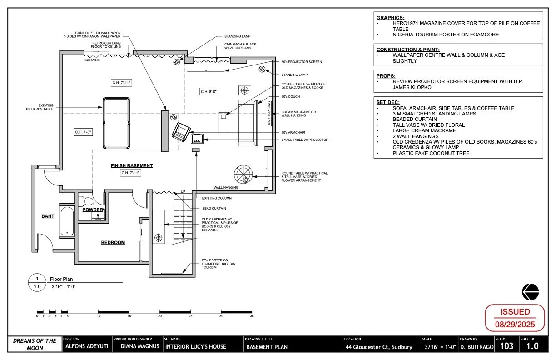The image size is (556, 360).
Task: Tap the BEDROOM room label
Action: point(113,242)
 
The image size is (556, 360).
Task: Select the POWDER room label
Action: point(93,210)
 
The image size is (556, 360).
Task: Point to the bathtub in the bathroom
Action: point(67,222)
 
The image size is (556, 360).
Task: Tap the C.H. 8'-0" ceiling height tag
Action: point(209,92)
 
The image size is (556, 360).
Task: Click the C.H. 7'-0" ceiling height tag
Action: point(83,132)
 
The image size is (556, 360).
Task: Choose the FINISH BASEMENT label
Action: point(132,165)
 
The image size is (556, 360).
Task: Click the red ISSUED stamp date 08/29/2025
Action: point(515,325)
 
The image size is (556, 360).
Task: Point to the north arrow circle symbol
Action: point(530,291)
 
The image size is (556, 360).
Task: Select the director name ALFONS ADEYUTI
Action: point(85,347)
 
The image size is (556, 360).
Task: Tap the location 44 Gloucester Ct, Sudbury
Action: point(379,347)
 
